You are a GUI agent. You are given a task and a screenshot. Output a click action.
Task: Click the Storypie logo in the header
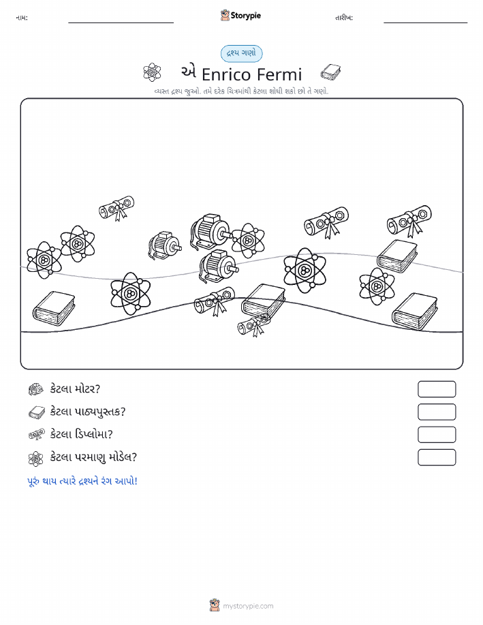click(240, 16)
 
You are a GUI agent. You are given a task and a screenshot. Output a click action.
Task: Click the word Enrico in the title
click(226, 74)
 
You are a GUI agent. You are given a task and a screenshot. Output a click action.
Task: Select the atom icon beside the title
click(152, 72)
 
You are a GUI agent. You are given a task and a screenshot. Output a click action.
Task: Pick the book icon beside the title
click(330, 72)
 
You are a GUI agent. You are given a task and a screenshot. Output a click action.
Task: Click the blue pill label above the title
click(241, 53)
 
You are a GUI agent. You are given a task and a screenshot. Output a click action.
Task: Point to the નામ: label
click(22, 18)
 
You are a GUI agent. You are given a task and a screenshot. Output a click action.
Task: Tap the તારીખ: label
click(344, 18)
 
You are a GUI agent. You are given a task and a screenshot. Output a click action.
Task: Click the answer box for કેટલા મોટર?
click(437, 389)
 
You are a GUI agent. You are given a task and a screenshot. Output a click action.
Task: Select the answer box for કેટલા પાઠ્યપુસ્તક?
click(437, 412)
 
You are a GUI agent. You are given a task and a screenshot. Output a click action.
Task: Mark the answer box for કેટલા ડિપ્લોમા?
click(437, 434)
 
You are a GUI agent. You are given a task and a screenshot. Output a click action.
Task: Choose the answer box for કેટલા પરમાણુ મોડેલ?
click(437, 457)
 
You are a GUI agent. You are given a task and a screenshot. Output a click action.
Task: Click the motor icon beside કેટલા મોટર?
click(36, 389)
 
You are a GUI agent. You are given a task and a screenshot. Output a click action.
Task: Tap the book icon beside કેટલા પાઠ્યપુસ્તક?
click(37, 412)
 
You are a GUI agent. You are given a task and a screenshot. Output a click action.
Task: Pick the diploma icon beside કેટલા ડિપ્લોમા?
click(37, 434)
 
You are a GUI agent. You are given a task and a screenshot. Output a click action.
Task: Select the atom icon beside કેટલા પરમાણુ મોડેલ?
click(36, 459)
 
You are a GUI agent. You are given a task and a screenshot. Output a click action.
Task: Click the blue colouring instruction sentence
click(82, 481)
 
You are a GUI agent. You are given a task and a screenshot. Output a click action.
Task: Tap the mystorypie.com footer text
click(248, 606)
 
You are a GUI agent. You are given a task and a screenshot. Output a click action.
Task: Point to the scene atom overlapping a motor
click(248, 240)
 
